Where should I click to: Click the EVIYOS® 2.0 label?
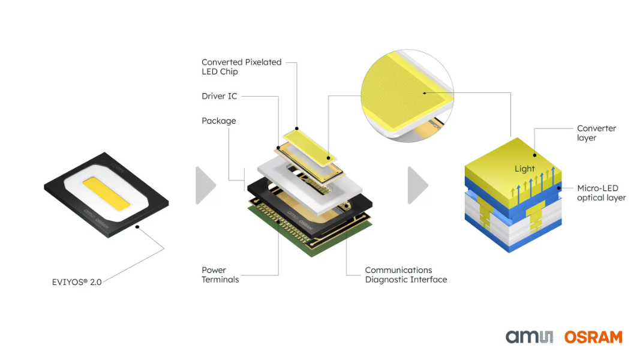[x=77, y=281]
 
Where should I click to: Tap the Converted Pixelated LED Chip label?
[x=241, y=67]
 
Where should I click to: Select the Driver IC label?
[x=219, y=96]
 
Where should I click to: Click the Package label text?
[x=218, y=121]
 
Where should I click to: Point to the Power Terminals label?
[x=220, y=275]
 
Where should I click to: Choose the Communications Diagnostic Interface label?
[x=405, y=275]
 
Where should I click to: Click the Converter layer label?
[x=596, y=133]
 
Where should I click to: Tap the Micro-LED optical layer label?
[x=601, y=193]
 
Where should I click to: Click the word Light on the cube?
[x=524, y=169]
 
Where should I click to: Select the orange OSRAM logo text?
[x=593, y=337]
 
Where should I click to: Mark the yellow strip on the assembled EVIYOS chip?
[x=108, y=193]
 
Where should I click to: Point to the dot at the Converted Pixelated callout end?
[x=296, y=128]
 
